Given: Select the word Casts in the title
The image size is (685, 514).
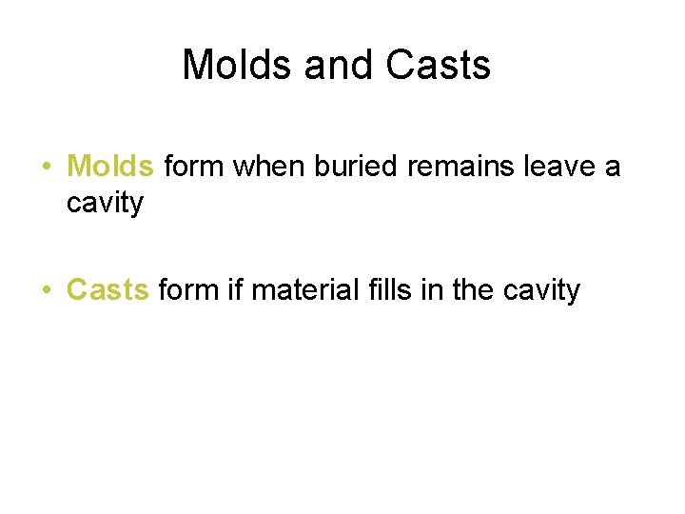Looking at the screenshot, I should pos(439,65).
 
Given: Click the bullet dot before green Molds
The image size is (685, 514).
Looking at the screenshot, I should pos(46,168).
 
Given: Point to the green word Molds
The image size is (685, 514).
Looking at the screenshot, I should pos(110,167).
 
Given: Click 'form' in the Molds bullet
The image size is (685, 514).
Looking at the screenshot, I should pos(195,167).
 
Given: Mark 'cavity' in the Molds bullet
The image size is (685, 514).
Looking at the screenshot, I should pos(105,203).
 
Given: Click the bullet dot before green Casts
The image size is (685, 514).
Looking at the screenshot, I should pos(46,290).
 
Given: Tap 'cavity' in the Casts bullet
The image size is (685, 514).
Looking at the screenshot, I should pos(541,289).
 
